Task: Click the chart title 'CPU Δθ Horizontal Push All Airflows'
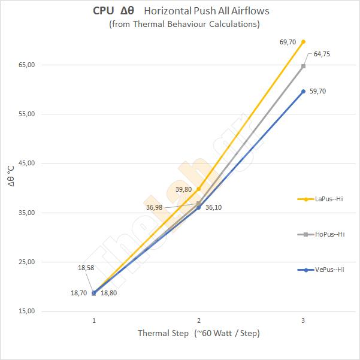[x=179, y=11]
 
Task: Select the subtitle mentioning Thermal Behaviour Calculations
[x=179, y=24]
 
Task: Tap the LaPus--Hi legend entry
[x=320, y=199]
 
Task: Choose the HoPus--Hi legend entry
[x=320, y=234]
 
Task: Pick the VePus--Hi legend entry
[x=320, y=270]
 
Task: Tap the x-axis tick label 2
[x=199, y=321]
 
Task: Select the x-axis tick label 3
[x=303, y=321]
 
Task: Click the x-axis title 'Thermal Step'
[x=199, y=333]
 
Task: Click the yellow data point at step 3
[x=303, y=41]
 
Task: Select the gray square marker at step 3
[x=303, y=66]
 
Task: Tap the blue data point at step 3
[x=303, y=91]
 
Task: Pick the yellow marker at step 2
[x=199, y=189]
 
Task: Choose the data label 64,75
[x=322, y=54]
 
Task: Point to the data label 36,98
[x=154, y=207]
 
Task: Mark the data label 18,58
[x=86, y=267]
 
